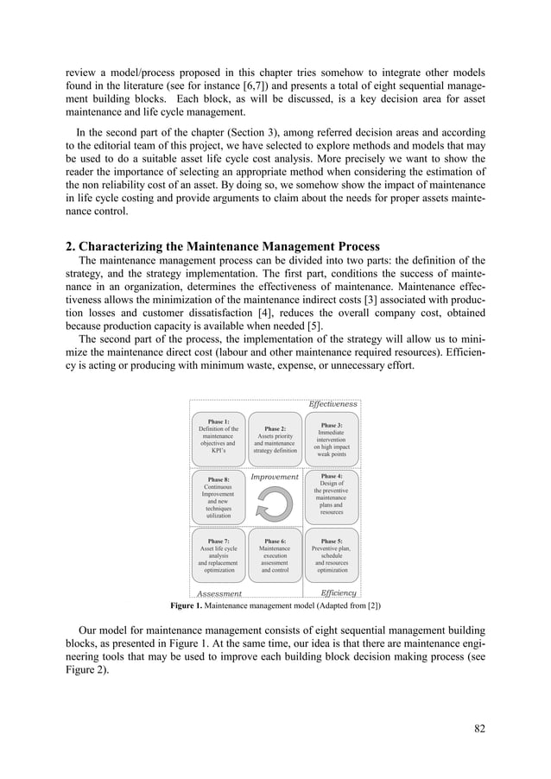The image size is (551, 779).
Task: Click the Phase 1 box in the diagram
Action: (218, 437)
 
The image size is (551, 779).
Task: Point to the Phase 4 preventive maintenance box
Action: (331, 496)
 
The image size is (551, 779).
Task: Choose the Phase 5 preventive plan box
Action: (331, 555)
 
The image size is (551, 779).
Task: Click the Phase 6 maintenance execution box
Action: (275, 555)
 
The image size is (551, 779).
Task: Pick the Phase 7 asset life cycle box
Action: (218, 555)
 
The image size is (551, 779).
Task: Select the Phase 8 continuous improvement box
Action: (218, 497)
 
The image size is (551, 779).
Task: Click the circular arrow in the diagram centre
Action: (275, 503)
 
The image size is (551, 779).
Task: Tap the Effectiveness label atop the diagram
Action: (332, 403)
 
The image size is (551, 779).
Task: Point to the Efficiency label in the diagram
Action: (338, 593)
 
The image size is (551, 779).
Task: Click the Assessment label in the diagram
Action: (218, 594)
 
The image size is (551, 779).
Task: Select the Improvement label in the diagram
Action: (275, 477)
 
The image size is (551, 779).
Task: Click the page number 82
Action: (479, 728)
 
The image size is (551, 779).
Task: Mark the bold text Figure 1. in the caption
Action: (191, 605)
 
